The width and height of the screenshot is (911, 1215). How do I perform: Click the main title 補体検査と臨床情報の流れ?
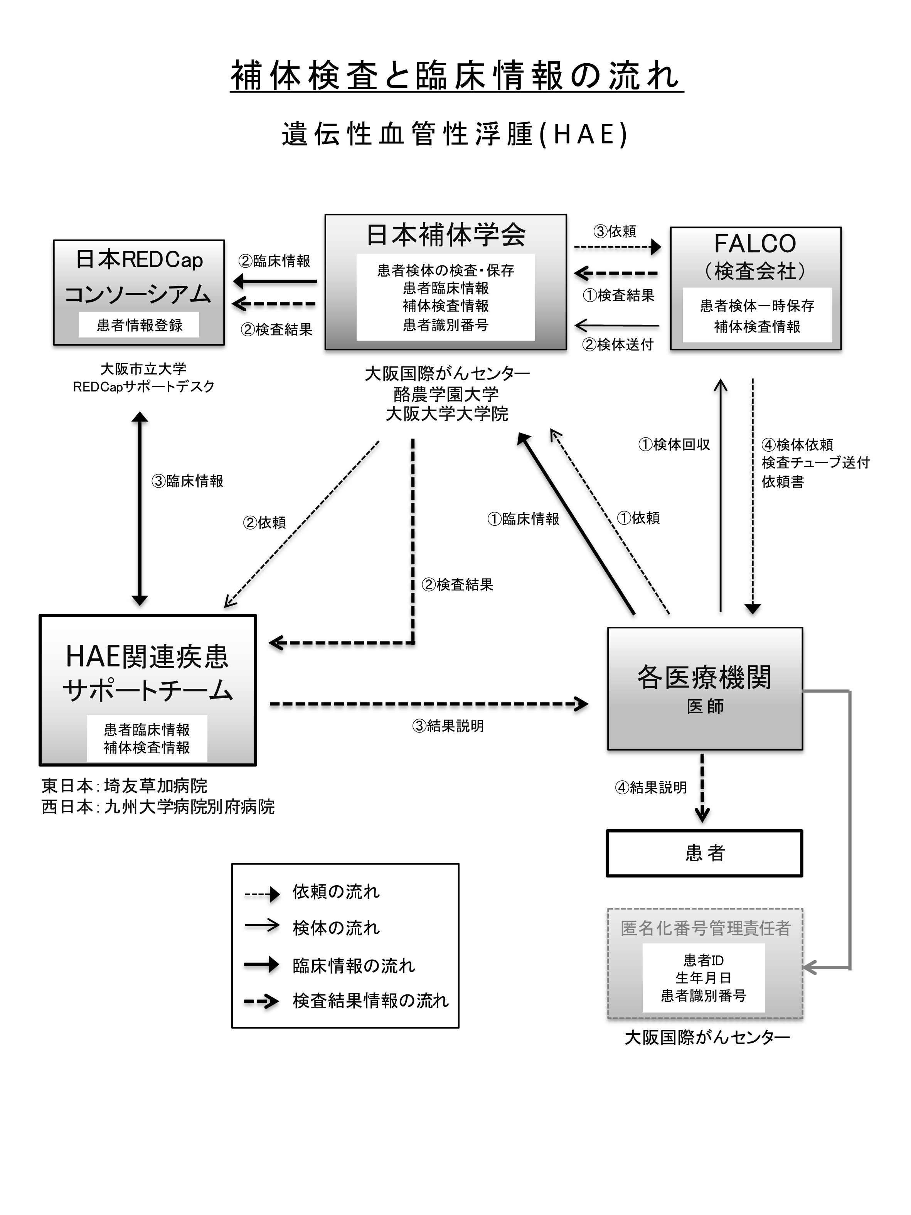(x=456, y=76)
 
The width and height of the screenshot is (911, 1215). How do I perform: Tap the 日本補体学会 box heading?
(x=445, y=235)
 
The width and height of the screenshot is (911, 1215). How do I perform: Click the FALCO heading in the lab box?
(x=755, y=244)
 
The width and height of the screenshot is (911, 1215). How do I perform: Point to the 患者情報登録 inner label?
(x=140, y=325)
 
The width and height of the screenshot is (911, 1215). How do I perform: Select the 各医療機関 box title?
(x=704, y=677)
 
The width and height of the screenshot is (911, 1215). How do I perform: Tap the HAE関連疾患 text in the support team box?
(x=147, y=656)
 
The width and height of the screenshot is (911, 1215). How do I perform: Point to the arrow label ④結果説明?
(x=651, y=787)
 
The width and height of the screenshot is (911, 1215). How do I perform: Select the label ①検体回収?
(x=674, y=444)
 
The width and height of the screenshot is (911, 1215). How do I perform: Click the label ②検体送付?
(x=618, y=344)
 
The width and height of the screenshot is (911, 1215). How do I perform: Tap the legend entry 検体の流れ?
(x=336, y=928)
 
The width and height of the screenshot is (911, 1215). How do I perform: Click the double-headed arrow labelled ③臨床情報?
(x=140, y=508)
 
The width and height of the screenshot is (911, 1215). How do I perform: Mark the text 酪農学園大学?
(x=446, y=394)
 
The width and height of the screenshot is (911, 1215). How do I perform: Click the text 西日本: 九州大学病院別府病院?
(x=158, y=807)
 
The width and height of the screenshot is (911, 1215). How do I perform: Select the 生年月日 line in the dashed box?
(x=704, y=978)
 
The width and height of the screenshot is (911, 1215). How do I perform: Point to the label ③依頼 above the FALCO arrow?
(x=615, y=231)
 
